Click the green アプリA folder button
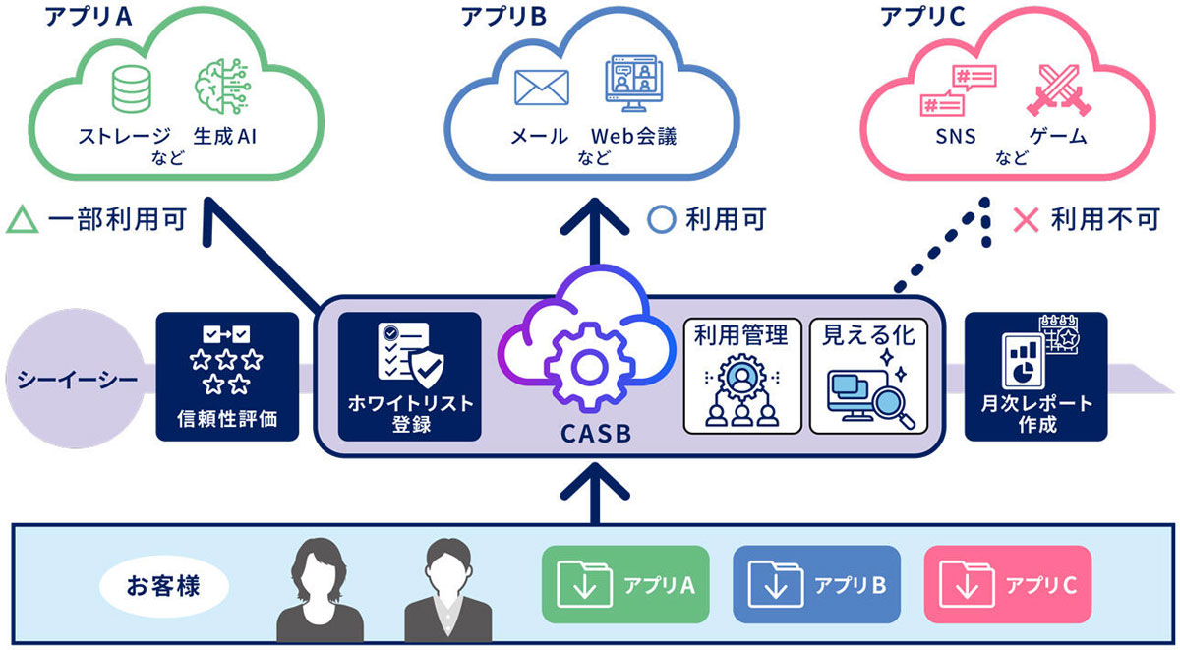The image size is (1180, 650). [x=625, y=586]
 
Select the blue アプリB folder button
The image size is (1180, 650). [x=816, y=586]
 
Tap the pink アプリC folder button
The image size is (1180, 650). [x=1007, y=586]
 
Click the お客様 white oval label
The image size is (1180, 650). [x=163, y=587]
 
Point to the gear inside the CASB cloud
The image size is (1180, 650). [x=587, y=368]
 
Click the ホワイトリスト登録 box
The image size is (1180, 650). [x=409, y=376]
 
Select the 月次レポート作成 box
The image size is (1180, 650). [x=1036, y=376]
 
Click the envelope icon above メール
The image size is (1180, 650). [x=543, y=87]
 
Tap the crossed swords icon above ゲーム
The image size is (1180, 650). [x=1054, y=91]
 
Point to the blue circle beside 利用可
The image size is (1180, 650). [x=663, y=219]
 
